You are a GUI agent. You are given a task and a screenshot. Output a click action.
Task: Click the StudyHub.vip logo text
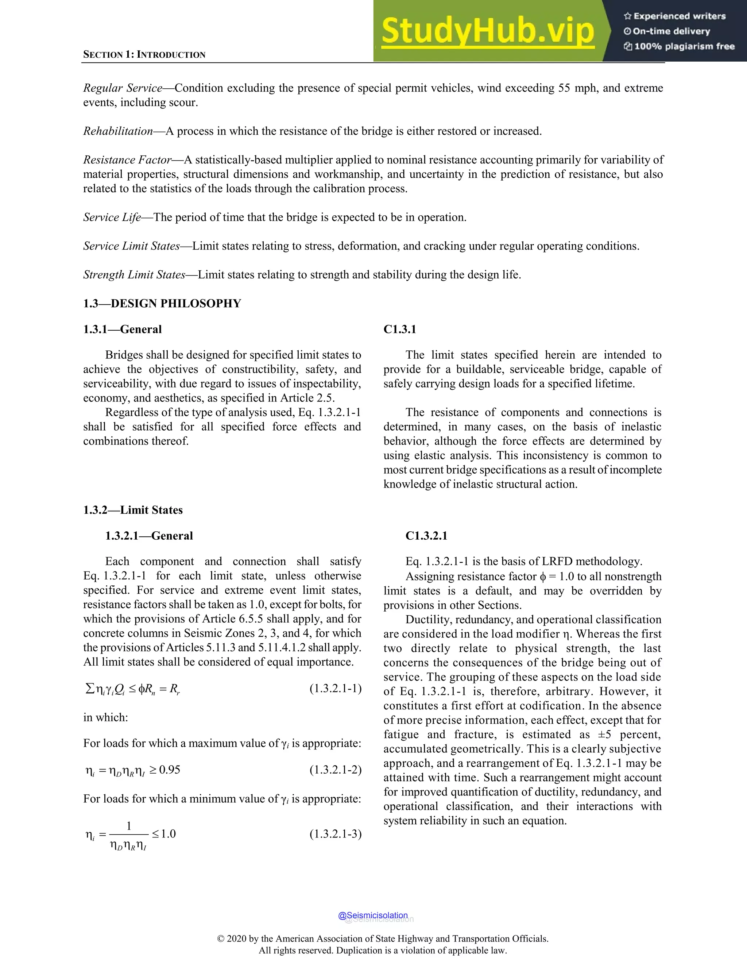pyautogui.click(x=487, y=31)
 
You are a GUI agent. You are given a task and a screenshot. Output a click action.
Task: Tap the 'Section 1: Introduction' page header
pyautogui.click(x=144, y=54)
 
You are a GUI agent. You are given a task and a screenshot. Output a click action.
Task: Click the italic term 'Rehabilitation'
pyautogui.click(x=118, y=131)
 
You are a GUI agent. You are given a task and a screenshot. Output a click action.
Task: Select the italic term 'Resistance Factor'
pyautogui.click(x=127, y=160)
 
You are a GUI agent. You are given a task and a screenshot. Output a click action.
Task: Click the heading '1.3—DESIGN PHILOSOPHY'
pyautogui.click(x=162, y=303)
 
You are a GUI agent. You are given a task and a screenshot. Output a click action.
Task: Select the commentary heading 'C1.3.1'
pyautogui.click(x=400, y=330)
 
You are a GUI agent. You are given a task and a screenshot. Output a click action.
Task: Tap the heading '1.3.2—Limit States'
pyautogui.click(x=133, y=510)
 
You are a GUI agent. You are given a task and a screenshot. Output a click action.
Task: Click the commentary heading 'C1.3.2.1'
pyautogui.click(x=426, y=536)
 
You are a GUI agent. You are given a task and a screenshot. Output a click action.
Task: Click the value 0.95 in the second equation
pyautogui.click(x=170, y=770)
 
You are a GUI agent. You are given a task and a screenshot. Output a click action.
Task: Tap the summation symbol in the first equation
pyautogui.click(x=89, y=688)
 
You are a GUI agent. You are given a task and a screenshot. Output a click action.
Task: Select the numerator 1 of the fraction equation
pyautogui.click(x=129, y=826)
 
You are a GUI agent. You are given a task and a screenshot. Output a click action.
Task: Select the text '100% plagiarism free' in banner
pyautogui.click(x=684, y=46)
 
